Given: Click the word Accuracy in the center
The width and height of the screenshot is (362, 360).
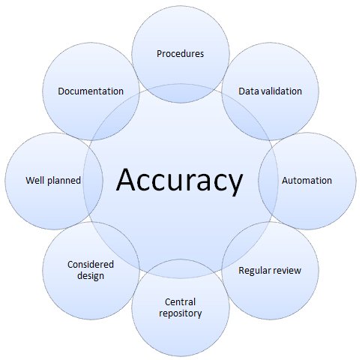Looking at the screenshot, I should [x=180, y=181].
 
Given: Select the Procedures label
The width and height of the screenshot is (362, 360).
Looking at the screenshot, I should [x=180, y=54].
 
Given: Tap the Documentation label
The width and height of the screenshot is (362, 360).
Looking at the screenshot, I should [x=91, y=91].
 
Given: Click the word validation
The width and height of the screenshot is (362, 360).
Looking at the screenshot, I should [x=281, y=91].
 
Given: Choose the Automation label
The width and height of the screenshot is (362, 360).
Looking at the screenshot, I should [x=307, y=181].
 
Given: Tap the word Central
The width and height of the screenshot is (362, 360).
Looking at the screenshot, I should [x=180, y=302].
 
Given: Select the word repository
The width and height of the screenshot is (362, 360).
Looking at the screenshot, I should [x=180, y=313].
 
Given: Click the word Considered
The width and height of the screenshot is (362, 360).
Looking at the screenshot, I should [x=91, y=265].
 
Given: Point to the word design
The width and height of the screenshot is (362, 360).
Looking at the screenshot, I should [x=91, y=276].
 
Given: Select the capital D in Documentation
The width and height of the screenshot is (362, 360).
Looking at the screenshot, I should [x=61, y=91].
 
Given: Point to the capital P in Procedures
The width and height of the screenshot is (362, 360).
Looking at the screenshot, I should [x=160, y=54].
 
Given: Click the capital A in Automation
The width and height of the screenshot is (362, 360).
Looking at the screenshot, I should [x=284, y=181].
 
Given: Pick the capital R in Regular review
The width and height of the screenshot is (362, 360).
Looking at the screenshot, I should [x=241, y=270].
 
